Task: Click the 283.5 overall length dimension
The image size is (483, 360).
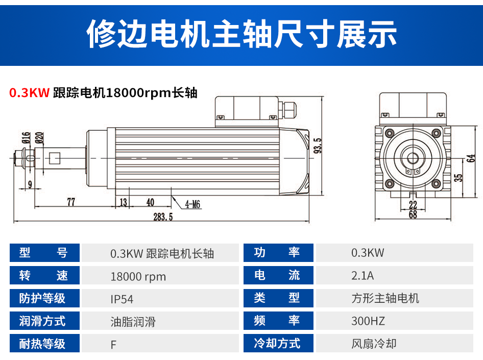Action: (163, 217)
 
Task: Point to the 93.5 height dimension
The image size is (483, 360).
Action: (317, 146)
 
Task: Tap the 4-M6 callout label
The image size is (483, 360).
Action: (192, 204)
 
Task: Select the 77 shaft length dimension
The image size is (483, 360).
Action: (71, 202)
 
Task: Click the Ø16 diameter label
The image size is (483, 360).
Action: (26, 138)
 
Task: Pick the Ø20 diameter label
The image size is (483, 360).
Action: (39, 138)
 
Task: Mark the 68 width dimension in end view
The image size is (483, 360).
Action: (413, 214)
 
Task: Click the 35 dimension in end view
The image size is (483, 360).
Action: (458, 178)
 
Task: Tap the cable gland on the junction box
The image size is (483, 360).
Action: (287, 110)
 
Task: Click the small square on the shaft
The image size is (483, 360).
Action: (55, 158)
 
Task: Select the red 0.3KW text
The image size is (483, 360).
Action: (29, 93)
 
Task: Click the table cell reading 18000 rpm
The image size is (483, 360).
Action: (138, 277)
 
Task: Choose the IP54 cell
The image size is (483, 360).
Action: (122, 299)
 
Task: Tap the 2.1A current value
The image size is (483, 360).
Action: (363, 276)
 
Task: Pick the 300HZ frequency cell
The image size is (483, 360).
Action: (368, 321)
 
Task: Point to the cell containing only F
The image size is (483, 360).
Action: (113, 345)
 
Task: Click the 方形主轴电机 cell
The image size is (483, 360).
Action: (385, 298)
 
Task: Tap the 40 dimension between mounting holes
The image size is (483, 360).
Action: (150, 202)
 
